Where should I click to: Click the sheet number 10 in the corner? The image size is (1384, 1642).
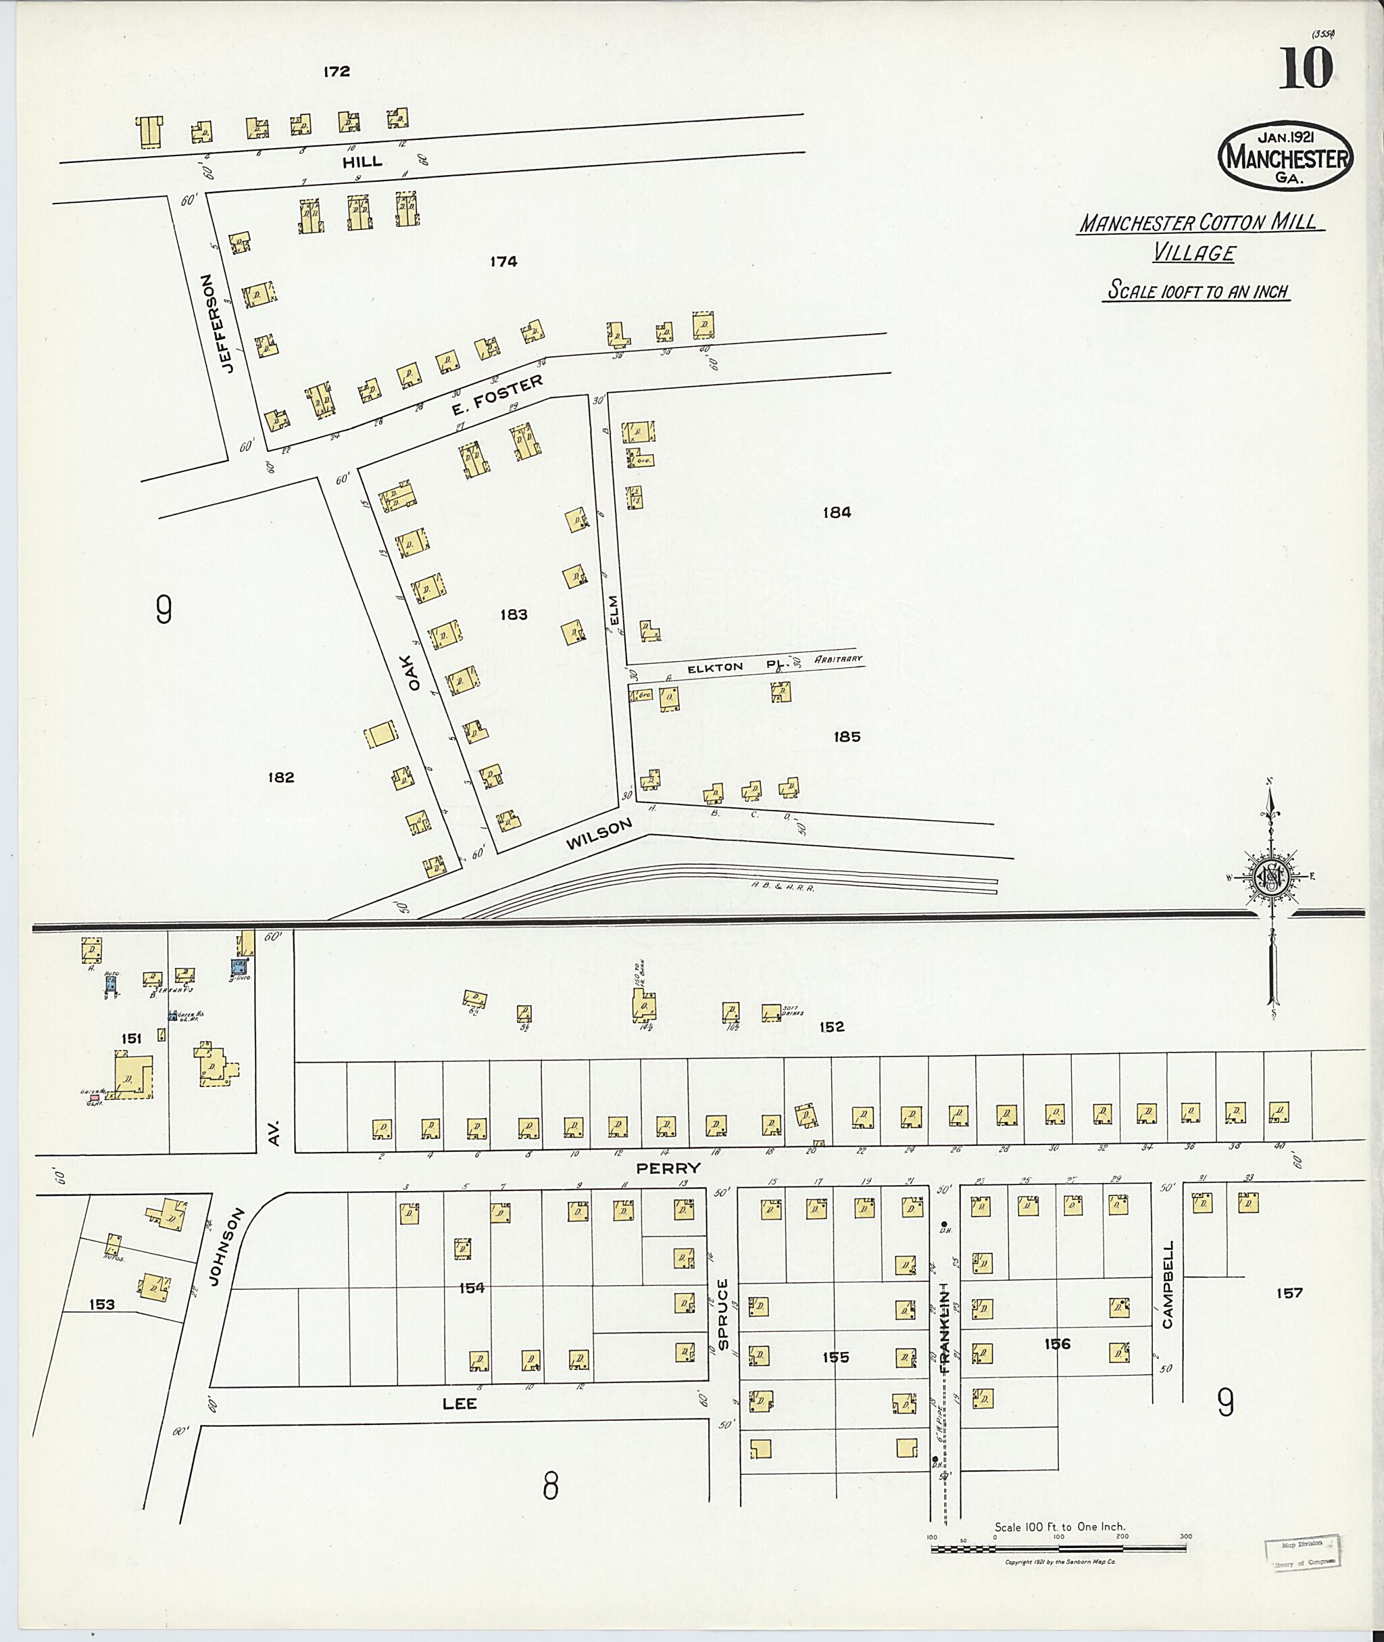click(1306, 68)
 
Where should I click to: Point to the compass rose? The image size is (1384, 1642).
click(1271, 877)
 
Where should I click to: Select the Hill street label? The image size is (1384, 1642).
click(362, 162)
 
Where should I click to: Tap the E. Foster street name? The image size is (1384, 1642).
click(497, 398)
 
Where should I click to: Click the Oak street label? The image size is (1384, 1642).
click(414, 673)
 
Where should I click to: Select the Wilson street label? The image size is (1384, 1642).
click(599, 834)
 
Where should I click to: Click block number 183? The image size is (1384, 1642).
click(514, 614)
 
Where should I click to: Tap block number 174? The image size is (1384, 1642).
click(503, 262)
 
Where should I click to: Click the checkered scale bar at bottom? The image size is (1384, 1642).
click(1058, 1549)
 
